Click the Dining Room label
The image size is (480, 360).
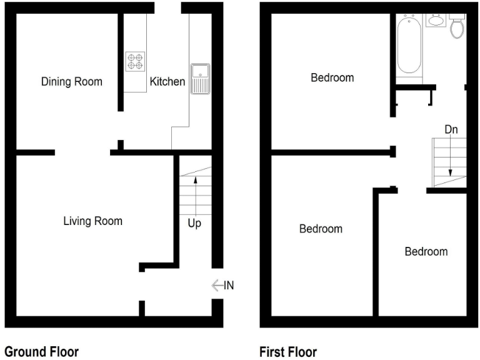(71, 82)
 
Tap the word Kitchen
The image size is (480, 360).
(167, 82)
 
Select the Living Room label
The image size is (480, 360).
(92, 221)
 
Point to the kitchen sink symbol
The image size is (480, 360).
(201, 78)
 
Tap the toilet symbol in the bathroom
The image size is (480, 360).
(457, 26)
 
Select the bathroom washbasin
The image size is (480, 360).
(435, 19)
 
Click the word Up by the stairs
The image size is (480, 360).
(194, 223)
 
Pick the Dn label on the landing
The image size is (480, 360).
(451, 129)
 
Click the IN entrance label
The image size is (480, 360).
(228, 286)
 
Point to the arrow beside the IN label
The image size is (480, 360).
(217, 286)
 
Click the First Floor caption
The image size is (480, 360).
(289, 352)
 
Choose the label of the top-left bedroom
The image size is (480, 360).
(332, 78)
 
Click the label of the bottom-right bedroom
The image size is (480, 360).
(426, 252)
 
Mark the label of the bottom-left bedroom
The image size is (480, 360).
(321, 229)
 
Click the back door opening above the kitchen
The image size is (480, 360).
(168, 7)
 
